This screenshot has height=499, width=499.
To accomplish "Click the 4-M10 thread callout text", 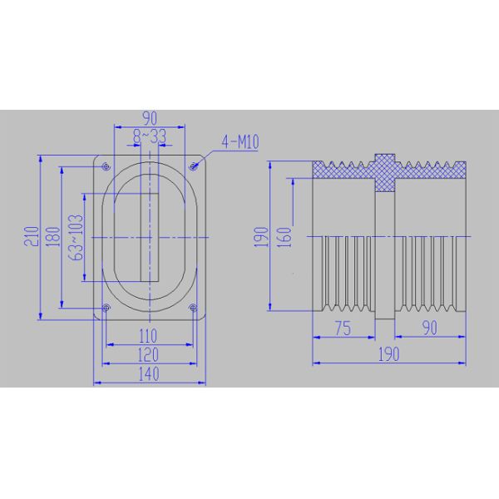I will pos(241,143).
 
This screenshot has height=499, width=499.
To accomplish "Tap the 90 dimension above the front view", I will pos(150,117).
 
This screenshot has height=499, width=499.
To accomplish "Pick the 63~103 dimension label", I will pos(77,237).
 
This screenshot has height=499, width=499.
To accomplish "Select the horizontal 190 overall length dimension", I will pos(387,354).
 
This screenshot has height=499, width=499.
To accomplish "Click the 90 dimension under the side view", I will pos(428,328).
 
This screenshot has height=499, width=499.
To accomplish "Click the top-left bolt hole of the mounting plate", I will pos(106,164).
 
